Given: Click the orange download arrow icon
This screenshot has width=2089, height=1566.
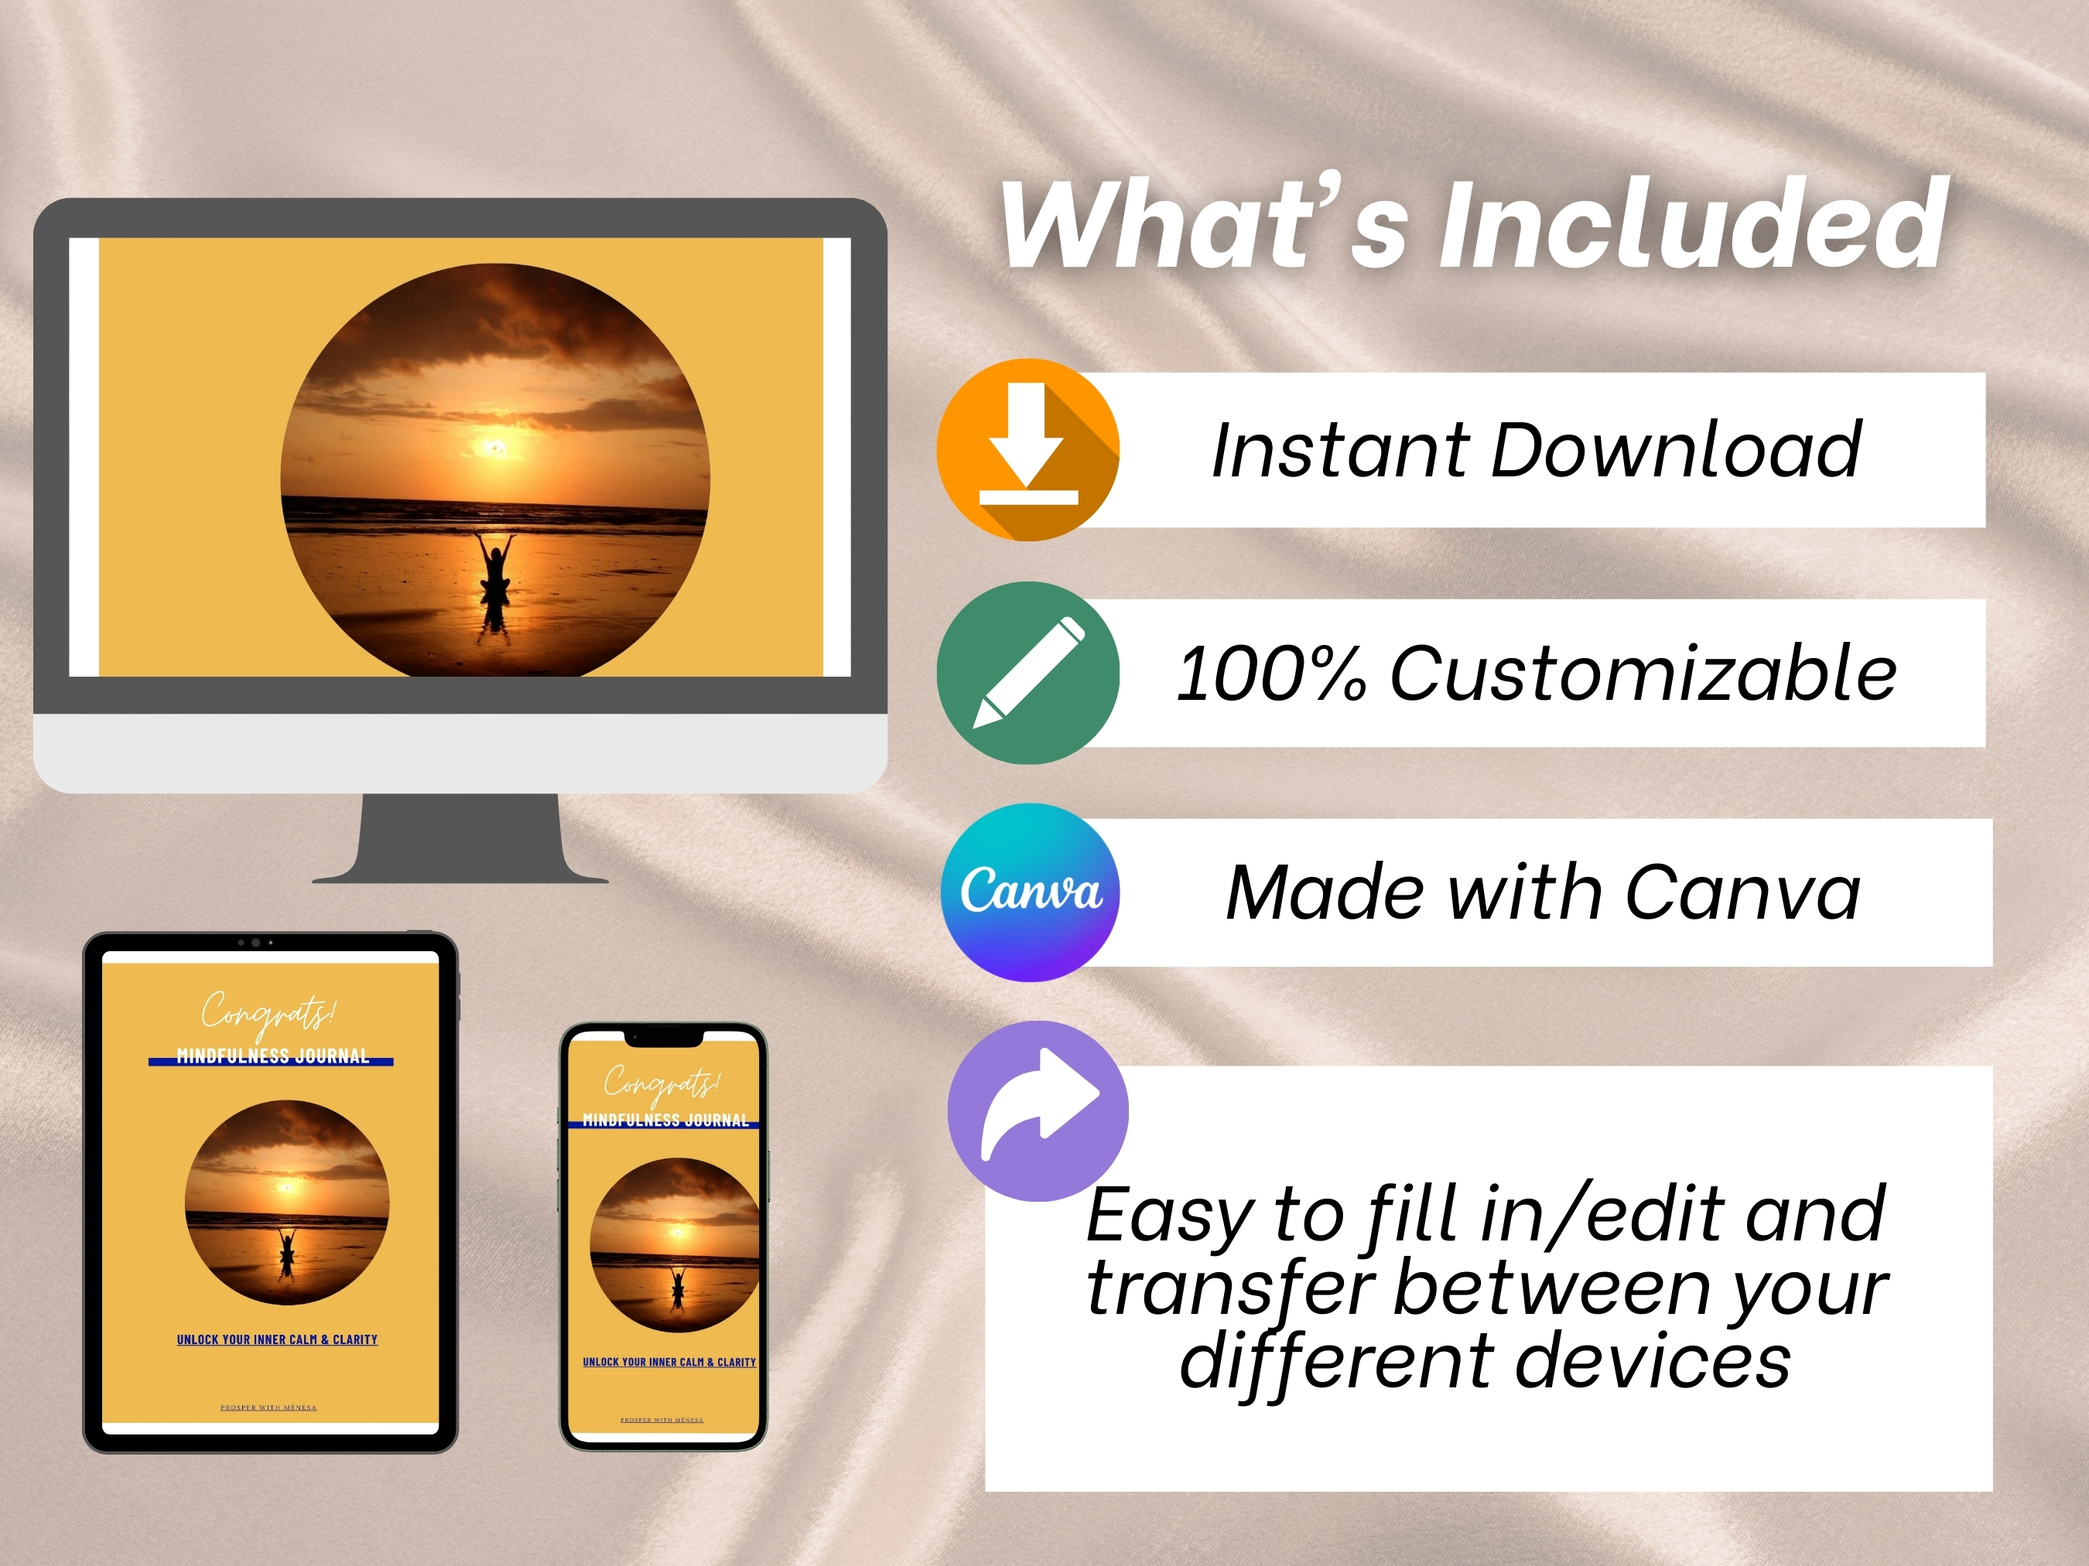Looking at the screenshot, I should [1027, 449].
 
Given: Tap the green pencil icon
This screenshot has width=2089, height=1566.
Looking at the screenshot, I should [1027, 672].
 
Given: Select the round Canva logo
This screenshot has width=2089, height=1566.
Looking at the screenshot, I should [1029, 891].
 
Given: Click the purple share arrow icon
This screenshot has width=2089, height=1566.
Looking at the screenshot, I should [1038, 1110].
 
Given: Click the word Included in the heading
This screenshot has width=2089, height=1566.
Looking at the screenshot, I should [1692, 227].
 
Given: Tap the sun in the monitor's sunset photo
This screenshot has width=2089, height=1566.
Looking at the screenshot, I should [494, 446].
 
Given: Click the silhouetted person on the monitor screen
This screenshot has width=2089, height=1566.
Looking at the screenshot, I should [496, 570].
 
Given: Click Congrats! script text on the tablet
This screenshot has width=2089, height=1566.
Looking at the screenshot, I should [268, 1013].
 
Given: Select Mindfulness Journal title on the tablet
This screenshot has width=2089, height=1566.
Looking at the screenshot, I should [272, 1056].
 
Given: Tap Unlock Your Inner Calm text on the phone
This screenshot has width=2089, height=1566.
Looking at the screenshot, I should [668, 1362].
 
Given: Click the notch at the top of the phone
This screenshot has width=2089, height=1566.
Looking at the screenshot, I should [664, 1039].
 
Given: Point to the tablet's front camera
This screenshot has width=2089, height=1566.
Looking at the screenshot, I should [255, 942].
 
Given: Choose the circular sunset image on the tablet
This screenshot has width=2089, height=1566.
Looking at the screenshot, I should [287, 1203].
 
